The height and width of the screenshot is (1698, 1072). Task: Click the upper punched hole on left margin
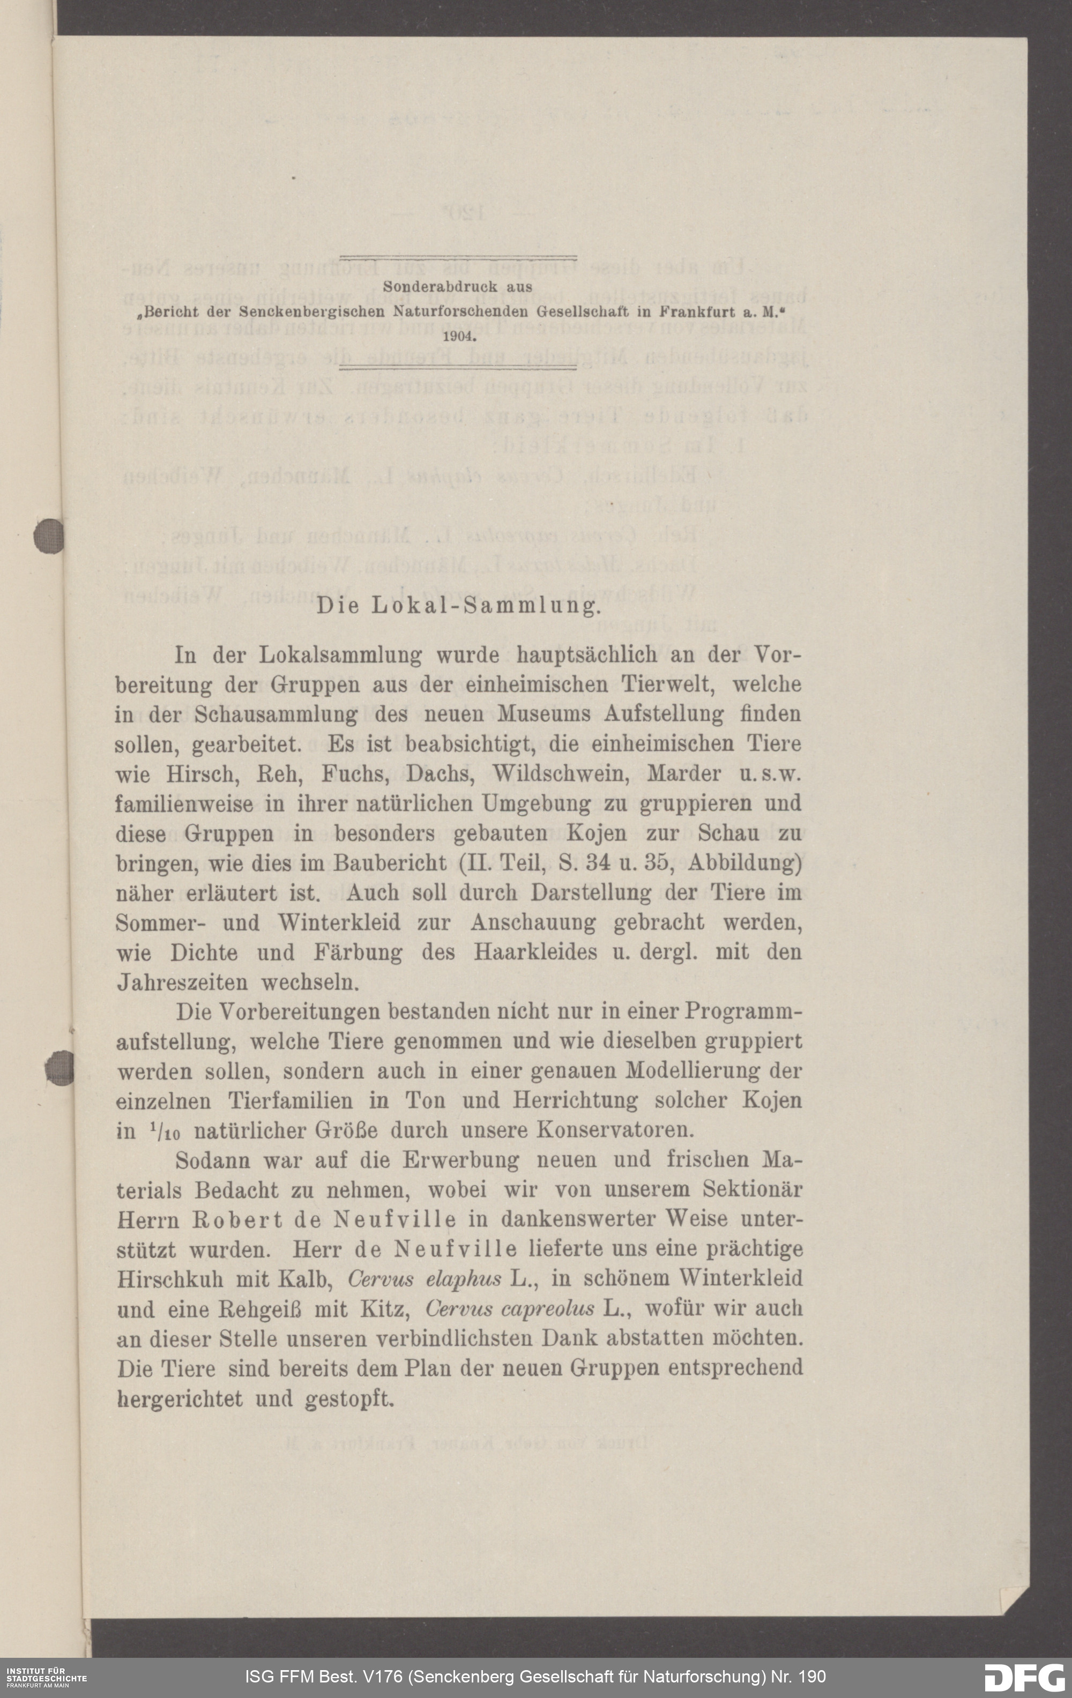[48, 535]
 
